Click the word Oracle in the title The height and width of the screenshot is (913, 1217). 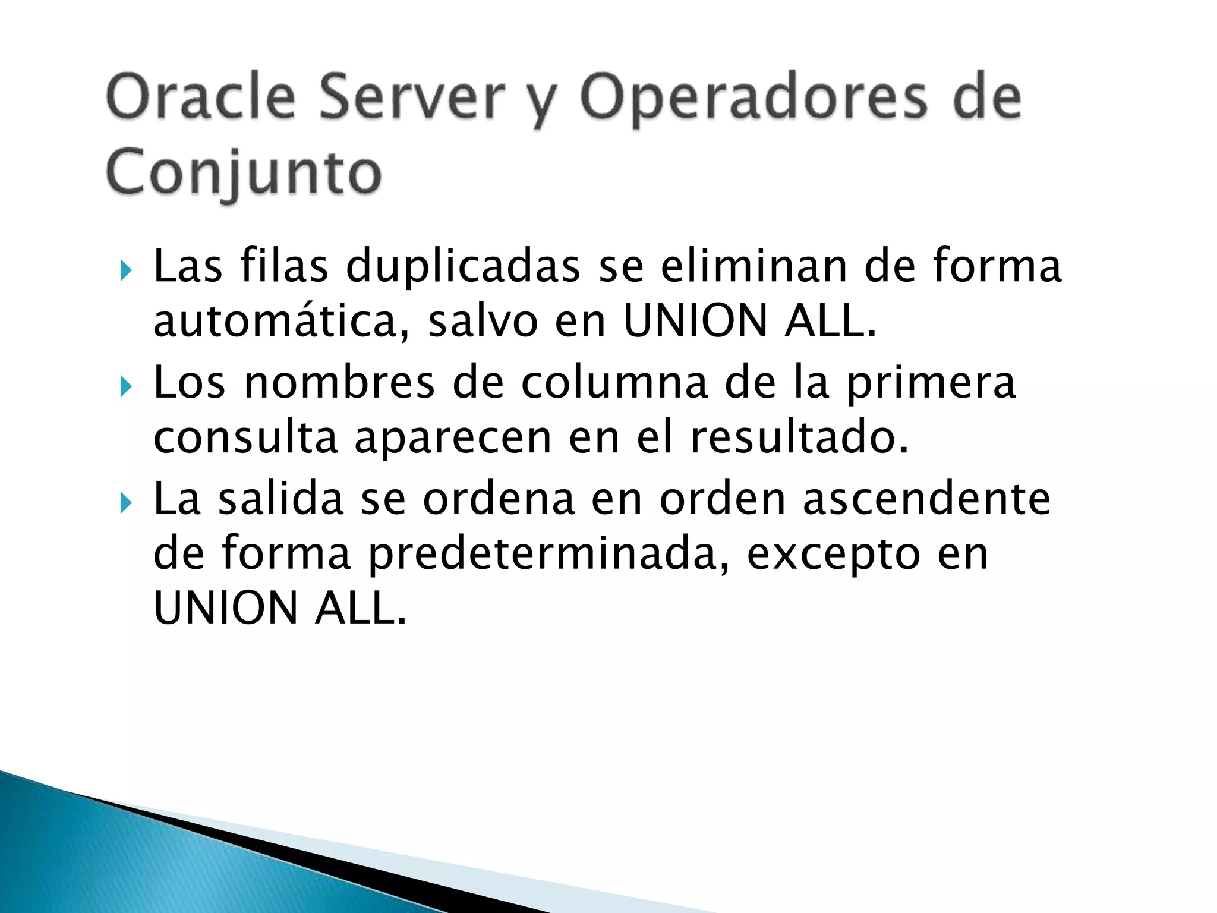tap(200, 97)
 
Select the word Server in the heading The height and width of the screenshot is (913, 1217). tap(412, 97)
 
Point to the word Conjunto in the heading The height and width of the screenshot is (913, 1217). tap(244, 172)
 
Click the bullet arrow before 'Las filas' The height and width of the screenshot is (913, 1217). tap(125, 272)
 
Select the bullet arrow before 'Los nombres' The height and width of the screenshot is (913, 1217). tap(125, 388)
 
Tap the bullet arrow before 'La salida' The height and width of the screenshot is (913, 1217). tap(125, 503)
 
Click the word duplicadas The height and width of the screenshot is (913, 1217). tap(463, 267)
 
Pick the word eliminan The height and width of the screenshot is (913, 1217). tap(753, 266)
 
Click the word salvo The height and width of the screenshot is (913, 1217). tap(483, 322)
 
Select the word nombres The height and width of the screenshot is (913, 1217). tap(339, 382)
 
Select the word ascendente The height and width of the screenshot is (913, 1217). tap(926, 498)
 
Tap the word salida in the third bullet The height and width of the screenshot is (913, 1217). tap(281, 498)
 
